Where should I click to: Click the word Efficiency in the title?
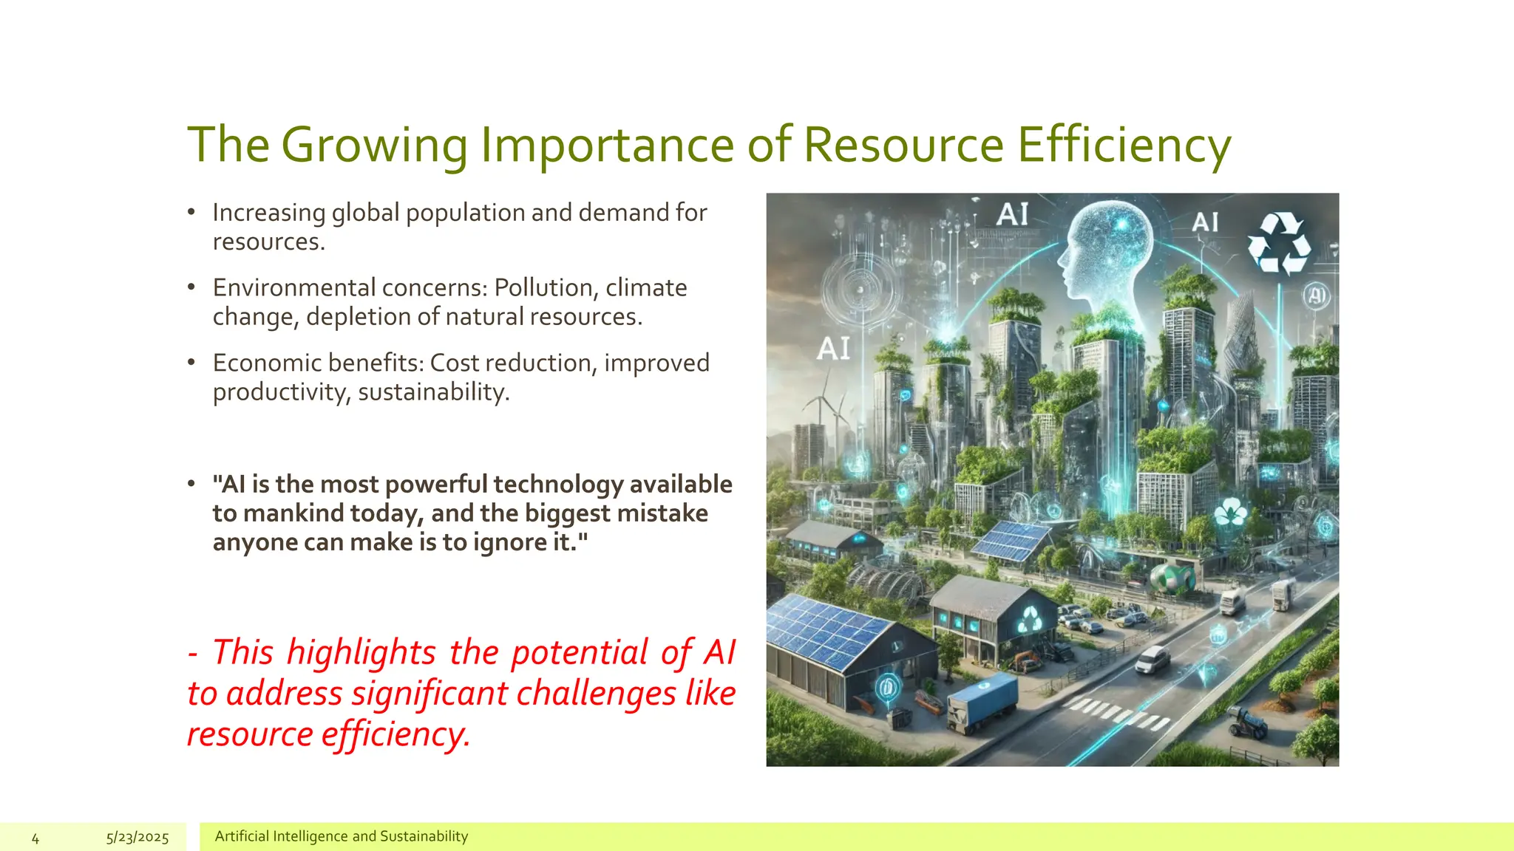[x=1124, y=145]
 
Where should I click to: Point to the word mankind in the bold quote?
[x=293, y=513]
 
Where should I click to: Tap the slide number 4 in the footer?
[x=35, y=838]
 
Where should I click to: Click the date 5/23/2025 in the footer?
[x=138, y=838]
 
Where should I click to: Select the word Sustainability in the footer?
[x=424, y=836]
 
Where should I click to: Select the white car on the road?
[x=1153, y=660]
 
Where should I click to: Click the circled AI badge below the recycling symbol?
[x=1316, y=295]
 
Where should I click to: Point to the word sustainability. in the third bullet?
[x=434, y=392]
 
